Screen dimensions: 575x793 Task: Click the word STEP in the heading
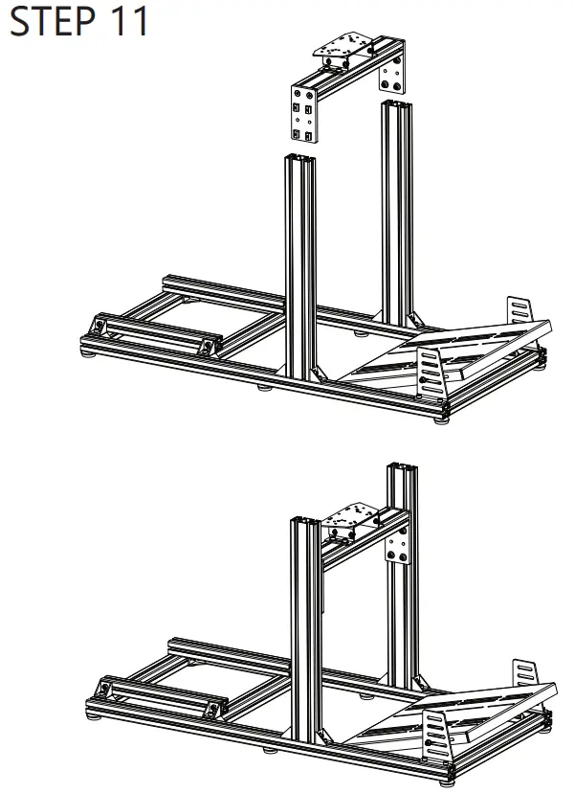point(53,21)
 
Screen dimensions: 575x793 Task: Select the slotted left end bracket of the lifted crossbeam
point(304,114)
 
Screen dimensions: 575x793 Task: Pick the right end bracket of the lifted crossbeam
point(392,75)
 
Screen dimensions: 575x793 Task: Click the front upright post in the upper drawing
point(300,267)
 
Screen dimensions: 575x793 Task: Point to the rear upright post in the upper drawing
point(397,213)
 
